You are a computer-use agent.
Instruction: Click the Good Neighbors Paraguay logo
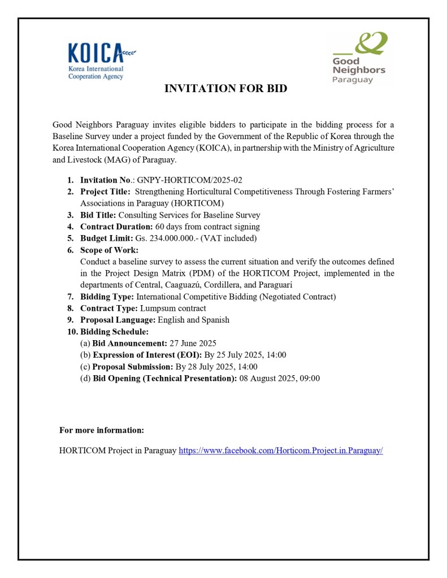pyautogui.click(x=359, y=58)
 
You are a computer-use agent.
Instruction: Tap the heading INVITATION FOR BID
pyautogui.click(x=225, y=89)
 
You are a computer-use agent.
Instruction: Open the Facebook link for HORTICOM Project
pyautogui.click(x=280, y=451)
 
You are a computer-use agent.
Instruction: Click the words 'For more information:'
pyautogui.click(x=102, y=431)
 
